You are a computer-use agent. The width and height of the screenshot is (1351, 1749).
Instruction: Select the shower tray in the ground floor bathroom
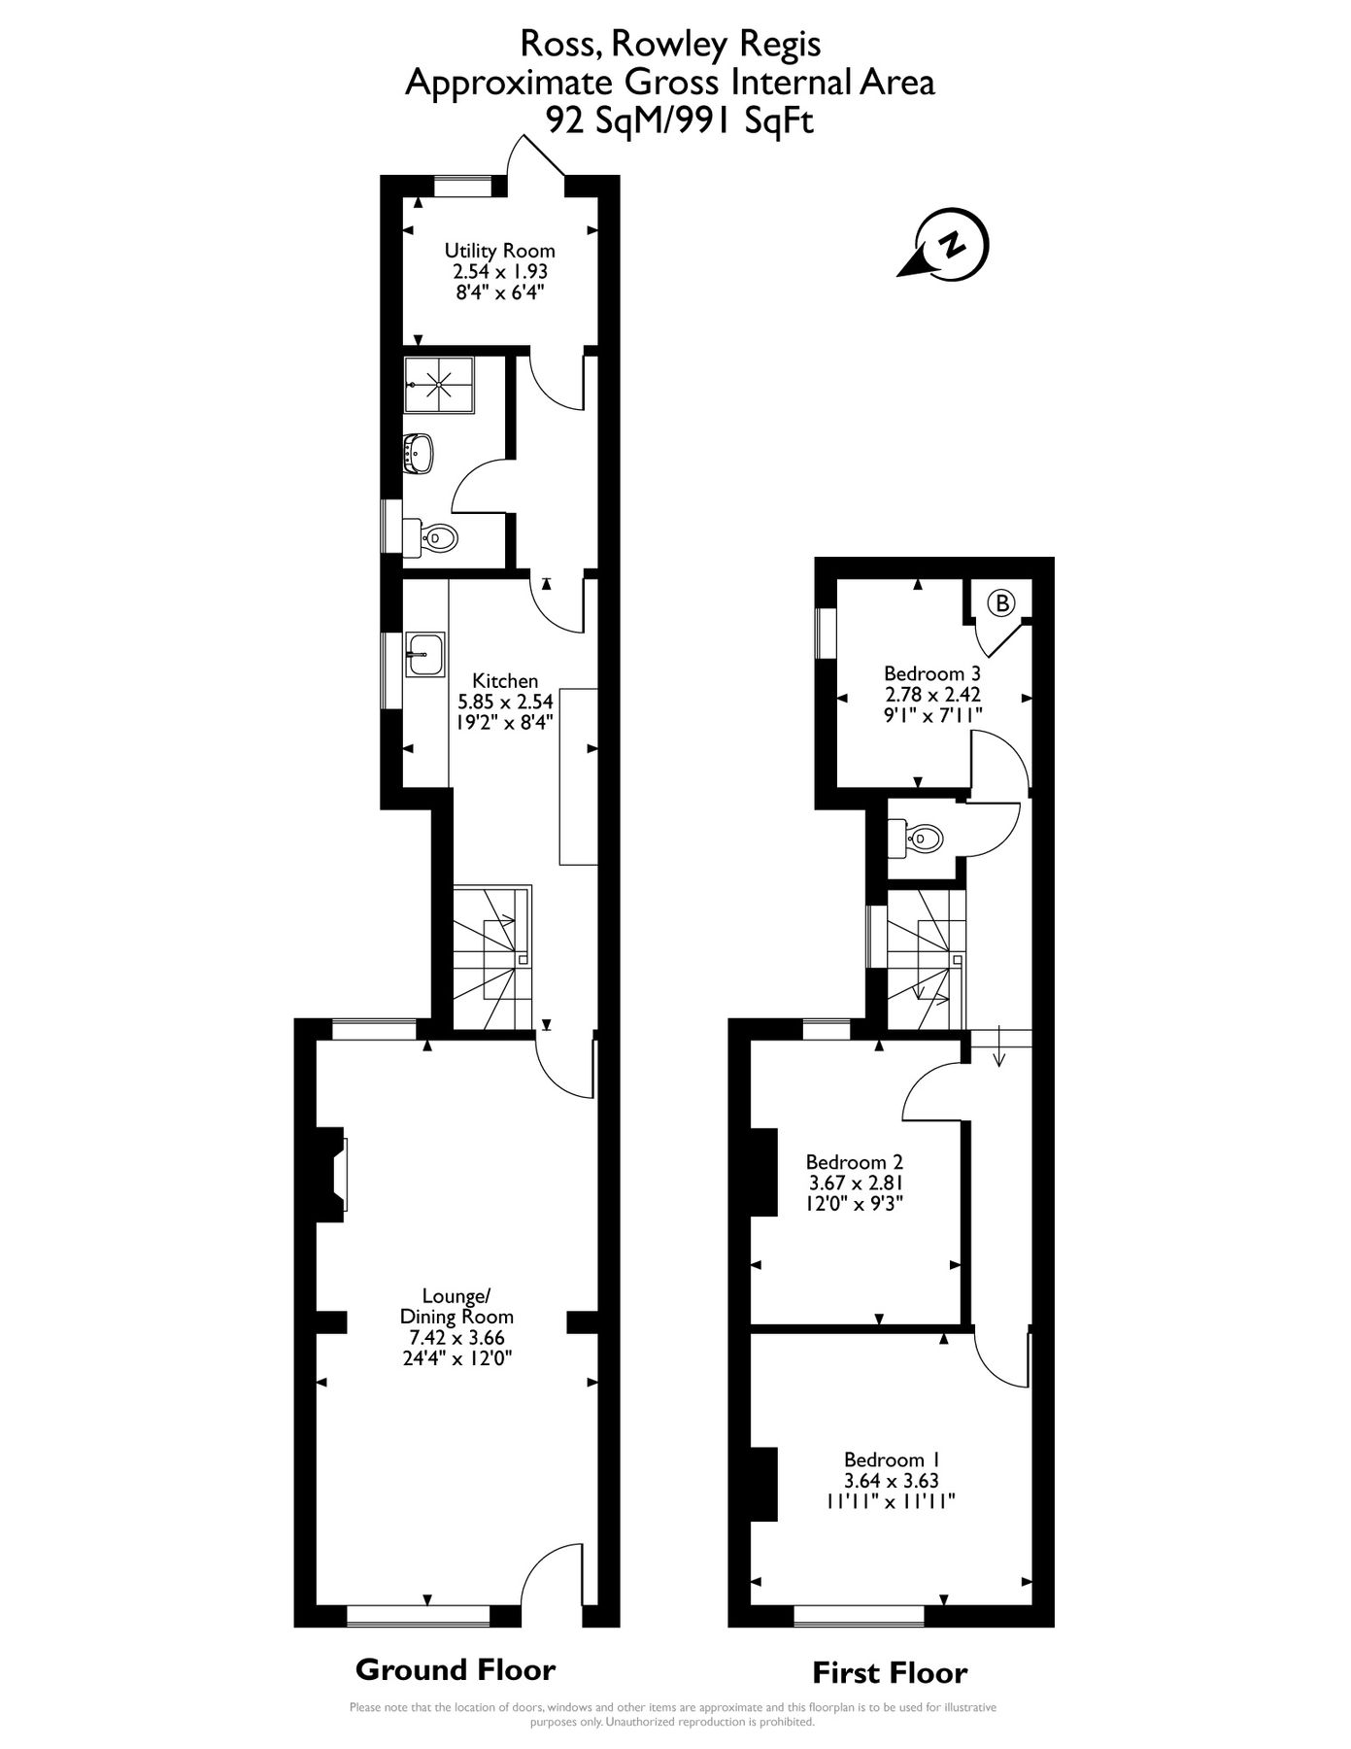(440, 384)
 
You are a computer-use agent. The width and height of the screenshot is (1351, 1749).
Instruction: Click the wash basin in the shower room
(420, 454)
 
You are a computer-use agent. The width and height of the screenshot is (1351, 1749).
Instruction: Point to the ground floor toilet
(431, 537)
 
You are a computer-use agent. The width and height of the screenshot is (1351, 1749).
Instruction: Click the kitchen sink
(424, 654)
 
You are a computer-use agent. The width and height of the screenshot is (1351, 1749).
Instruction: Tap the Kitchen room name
(505, 680)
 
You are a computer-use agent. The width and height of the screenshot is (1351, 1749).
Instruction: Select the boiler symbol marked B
(1000, 603)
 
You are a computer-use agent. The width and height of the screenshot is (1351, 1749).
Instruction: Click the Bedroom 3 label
(931, 673)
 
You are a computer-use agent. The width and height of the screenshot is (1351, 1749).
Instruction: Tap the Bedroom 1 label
(891, 1459)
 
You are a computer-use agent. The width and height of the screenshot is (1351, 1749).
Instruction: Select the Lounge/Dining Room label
(456, 1306)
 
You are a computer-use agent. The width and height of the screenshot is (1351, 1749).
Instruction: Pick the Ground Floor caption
(455, 1669)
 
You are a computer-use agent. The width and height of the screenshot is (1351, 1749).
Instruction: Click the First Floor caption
(890, 1673)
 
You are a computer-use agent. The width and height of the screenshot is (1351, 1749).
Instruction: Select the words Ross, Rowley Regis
(670, 44)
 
